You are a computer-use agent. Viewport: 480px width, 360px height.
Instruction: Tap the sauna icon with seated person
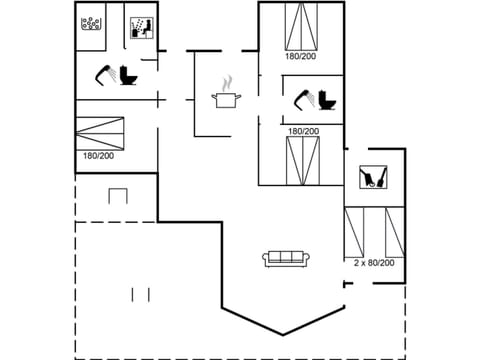tap(140, 28)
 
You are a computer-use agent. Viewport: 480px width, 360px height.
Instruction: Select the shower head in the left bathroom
tap(103, 72)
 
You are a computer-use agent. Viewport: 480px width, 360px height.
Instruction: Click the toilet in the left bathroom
tap(127, 75)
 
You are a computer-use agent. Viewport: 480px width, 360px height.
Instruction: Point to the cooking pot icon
tap(226, 98)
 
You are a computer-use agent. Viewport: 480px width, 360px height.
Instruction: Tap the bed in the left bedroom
tap(103, 133)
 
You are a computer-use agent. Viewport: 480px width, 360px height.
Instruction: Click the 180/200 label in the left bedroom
tap(97, 156)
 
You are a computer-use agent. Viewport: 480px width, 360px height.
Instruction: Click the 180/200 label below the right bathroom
tap(303, 131)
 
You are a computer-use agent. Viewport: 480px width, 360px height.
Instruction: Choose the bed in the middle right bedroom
tap(302, 159)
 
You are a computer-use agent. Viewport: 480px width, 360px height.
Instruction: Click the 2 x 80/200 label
tap(374, 263)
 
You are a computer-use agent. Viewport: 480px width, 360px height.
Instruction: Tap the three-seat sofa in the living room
tap(287, 258)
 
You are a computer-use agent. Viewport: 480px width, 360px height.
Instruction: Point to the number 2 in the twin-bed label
tap(357, 263)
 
